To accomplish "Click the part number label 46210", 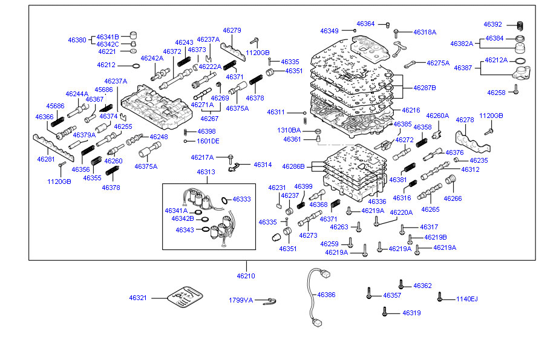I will (246, 276).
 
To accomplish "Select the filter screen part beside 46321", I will (181, 298).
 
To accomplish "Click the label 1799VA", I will (240, 300).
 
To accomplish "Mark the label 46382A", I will (461, 44).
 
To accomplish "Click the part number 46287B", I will (425, 88).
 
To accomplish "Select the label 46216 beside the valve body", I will (411, 110).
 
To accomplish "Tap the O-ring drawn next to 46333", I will (224, 200).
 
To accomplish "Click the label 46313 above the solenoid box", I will (206, 172).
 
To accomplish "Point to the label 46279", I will (232, 30).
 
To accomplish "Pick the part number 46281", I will (46, 159).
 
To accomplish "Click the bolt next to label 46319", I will (385, 312).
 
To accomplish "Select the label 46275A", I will (438, 63).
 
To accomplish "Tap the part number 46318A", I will (425, 31).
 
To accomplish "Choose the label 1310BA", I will (289, 130).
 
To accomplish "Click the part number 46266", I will (453, 198).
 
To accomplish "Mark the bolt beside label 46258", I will (516, 90).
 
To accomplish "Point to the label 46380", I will (77, 40).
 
